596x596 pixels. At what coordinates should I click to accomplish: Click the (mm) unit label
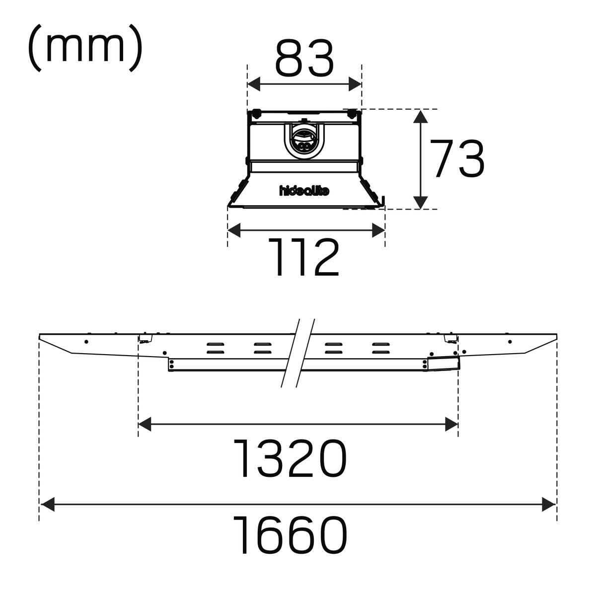[x=85, y=48]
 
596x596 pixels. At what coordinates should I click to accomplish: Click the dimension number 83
[x=304, y=59]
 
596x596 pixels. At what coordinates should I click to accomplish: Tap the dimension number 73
[x=457, y=158]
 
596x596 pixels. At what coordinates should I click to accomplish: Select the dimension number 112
[x=304, y=257]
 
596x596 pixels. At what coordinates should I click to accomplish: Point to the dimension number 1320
[x=290, y=459]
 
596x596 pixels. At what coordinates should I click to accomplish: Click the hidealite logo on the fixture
[x=304, y=191]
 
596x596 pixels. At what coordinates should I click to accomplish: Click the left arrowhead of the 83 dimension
[x=254, y=84]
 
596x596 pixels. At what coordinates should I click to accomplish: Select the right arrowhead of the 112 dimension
[x=378, y=230]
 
